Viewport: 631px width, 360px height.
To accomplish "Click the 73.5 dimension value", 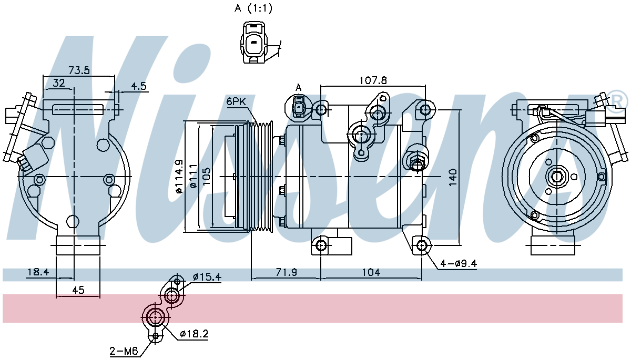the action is [x=79, y=70].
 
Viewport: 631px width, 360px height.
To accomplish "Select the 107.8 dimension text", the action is [x=373, y=80].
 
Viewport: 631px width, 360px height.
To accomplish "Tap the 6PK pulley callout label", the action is [x=236, y=101].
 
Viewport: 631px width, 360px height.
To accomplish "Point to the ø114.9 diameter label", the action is [x=179, y=176].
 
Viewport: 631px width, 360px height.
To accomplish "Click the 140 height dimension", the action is [x=453, y=177].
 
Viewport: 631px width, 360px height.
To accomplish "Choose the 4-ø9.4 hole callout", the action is [x=459, y=264].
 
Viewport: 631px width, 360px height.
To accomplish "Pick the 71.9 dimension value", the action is [x=286, y=272].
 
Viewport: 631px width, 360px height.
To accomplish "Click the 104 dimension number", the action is [x=371, y=272].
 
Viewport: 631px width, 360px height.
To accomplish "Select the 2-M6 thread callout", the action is [x=124, y=351].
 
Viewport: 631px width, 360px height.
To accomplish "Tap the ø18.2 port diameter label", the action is [x=194, y=334].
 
